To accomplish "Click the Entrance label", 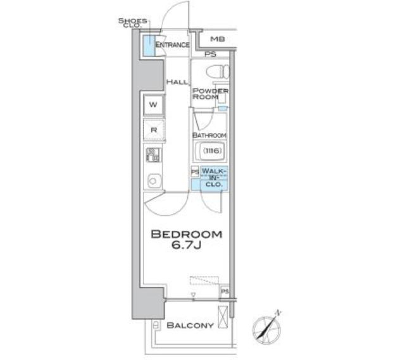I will pos(172,45).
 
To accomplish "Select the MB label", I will pos(218,39).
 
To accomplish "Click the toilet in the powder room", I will pos(218,73).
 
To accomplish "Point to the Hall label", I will pos(176,82).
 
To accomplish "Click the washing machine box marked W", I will pos(154,105).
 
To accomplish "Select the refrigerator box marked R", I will pos(154,130).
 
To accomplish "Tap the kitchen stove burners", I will pos(153,156).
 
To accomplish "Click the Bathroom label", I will pos(209,135).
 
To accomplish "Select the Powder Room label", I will pos(210,94).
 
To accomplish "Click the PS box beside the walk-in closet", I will pos(195,172).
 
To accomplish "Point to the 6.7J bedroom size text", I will pos(186,246).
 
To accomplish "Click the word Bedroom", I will pos(186,234).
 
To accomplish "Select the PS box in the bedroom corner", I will pos(224,292).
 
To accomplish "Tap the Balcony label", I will pos(189,325).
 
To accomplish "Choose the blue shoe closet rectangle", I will pos(148,46).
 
